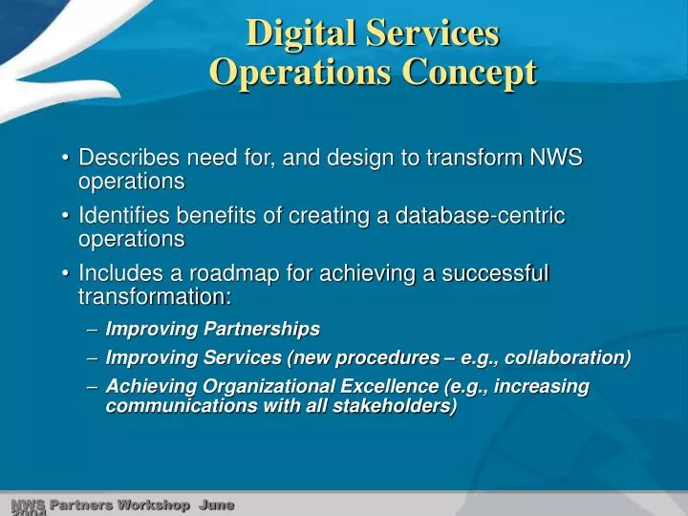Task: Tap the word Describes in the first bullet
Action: point(126,157)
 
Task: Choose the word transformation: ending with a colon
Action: point(155,297)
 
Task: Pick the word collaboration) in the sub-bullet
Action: point(568,357)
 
